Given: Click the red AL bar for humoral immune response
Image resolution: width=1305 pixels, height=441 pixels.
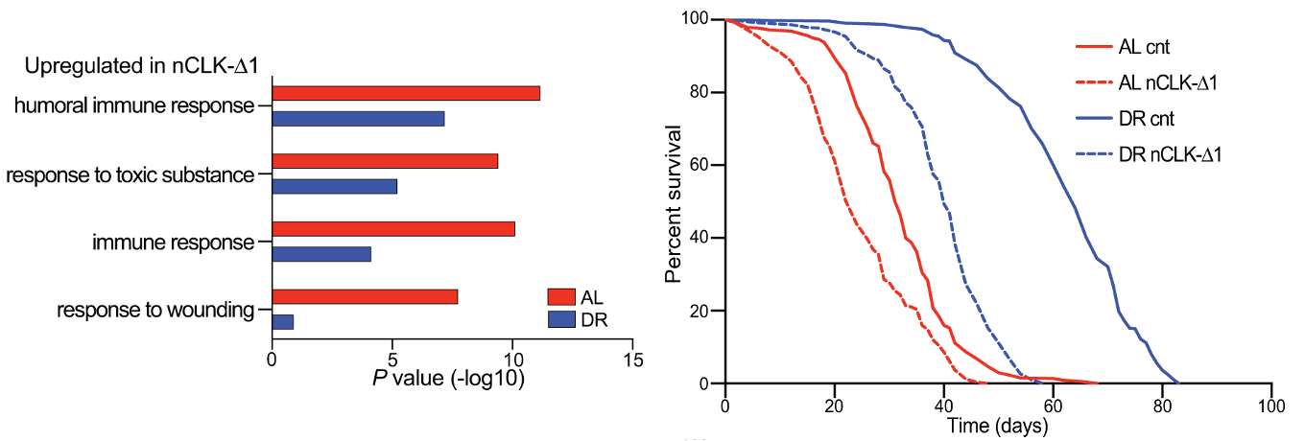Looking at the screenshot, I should [x=406, y=93].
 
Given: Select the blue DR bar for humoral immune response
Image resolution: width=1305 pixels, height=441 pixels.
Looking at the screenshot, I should [x=358, y=119].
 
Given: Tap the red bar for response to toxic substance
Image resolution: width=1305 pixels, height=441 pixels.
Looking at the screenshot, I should [x=385, y=161].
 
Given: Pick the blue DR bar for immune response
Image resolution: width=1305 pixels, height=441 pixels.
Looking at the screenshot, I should [x=321, y=255].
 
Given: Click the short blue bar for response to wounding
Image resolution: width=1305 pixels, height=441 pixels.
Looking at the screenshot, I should [x=283, y=322].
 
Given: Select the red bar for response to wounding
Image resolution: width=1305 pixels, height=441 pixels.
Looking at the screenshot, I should [x=365, y=296].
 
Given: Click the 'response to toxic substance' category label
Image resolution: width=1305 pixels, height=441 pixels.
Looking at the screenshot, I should [x=130, y=175].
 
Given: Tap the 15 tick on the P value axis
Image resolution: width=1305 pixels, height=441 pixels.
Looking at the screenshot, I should [x=631, y=360].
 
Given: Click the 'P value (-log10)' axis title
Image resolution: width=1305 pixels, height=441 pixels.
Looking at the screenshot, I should [x=447, y=379].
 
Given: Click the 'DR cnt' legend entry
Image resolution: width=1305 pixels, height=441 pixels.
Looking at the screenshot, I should [x=1146, y=118].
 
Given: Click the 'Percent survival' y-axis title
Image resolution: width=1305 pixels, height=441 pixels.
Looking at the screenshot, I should [x=676, y=203].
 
